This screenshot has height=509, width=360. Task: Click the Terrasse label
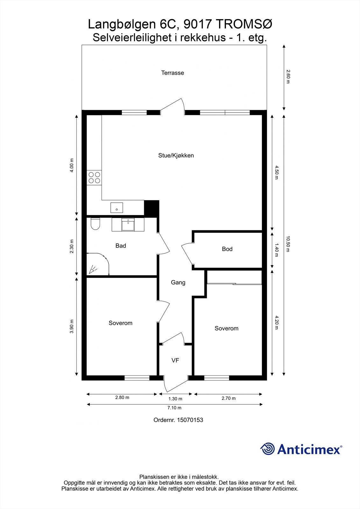coord(173,73)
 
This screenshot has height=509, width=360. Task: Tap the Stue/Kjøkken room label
coord(176,156)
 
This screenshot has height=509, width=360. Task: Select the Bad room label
coord(121,246)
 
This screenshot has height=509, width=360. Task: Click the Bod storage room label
coord(227,249)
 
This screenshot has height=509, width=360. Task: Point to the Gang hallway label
coord(178,282)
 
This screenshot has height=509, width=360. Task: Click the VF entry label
coord(175,360)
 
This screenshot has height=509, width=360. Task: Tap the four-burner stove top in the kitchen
coord(94,178)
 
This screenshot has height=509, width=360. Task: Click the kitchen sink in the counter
coord(117,208)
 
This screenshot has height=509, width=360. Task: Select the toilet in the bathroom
coord(95,224)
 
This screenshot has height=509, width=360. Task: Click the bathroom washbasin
coord(128,225)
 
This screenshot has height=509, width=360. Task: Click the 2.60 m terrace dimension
coord(288,77)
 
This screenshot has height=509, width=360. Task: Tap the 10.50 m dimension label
coord(288,244)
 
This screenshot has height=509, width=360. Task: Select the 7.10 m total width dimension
coord(175,408)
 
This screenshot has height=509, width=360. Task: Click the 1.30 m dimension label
coord(175,399)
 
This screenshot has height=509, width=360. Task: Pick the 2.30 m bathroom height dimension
coord(72,246)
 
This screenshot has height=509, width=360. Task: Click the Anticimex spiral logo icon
coord(267,449)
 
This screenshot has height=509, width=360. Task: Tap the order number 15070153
coord(190,420)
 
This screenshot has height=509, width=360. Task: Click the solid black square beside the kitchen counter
coord(152,208)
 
